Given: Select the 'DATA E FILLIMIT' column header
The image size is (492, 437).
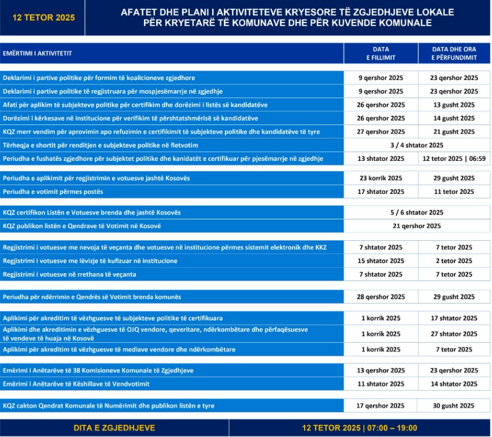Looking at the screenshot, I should [x=381, y=53].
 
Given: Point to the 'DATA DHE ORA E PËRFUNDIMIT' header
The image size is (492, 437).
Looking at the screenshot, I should [x=454, y=53].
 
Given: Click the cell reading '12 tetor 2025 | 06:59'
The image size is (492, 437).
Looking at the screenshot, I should [x=454, y=159].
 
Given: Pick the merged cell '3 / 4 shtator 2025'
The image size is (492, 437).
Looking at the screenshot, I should [x=417, y=145].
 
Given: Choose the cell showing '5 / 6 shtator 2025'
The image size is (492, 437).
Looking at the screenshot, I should [x=417, y=212].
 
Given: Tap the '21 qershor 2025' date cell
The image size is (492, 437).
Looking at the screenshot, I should [x=417, y=226].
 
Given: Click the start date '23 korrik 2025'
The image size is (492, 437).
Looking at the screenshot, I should [x=381, y=178].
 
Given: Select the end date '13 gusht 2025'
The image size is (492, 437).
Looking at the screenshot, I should [x=454, y=105].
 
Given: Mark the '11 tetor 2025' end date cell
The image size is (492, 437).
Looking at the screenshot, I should [x=454, y=192].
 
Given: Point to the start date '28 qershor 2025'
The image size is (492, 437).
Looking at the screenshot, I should [x=381, y=297].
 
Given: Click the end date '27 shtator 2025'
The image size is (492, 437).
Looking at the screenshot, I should [x=454, y=334].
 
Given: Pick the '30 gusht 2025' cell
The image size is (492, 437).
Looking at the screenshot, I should [x=454, y=406].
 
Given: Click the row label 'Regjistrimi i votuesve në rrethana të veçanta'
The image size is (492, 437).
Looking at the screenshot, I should [x=69, y=274].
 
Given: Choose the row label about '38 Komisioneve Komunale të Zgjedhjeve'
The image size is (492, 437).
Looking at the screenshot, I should [x=98, y=370].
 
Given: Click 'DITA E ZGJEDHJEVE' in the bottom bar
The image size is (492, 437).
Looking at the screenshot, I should [x=114, y=428].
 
